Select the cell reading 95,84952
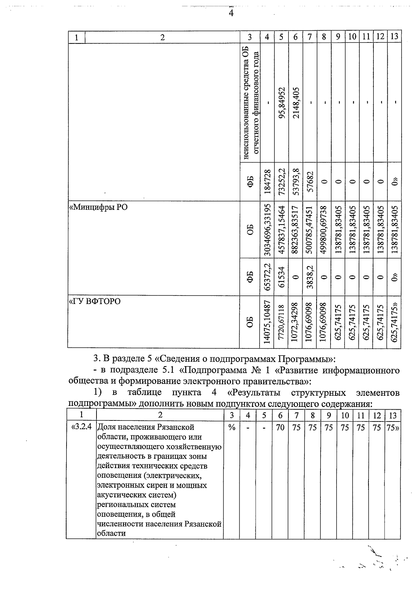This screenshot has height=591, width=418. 282,103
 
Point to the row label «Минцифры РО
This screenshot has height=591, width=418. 99,207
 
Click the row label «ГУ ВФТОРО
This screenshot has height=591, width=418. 95,301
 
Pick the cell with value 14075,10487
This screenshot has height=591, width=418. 267,322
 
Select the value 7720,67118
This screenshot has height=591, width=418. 282,322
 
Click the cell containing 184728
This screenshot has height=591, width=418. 267,181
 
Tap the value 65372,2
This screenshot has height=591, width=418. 267,277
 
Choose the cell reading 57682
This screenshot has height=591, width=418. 310,181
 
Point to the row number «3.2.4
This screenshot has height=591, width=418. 81,427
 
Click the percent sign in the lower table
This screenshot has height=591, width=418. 231,427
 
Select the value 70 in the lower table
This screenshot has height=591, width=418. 280,427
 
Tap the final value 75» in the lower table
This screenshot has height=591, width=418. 393,427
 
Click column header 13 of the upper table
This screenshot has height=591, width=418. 394,37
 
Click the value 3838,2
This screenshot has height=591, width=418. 310,277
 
